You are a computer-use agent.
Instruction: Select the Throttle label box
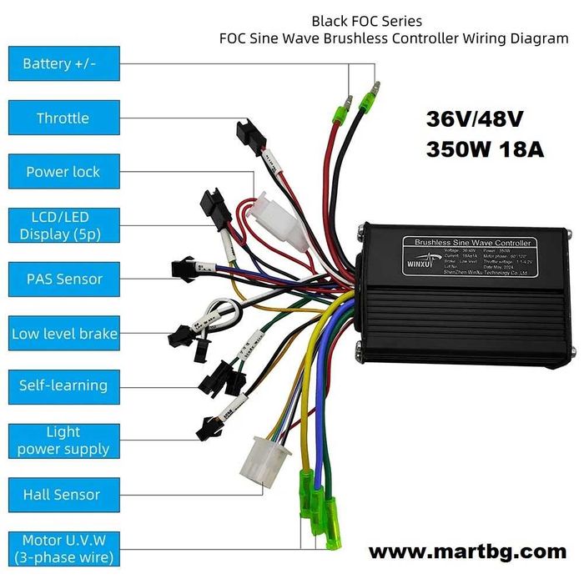pyautogui.click(x=63, y=118)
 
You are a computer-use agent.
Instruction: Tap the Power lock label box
pyautogui.click(x=63, y=172)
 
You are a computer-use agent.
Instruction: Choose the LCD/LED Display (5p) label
pyautogui.click(x=63, y=225)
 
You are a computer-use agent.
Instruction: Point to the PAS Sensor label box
pyautogui.click(x=63, y=279)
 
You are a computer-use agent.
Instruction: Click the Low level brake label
pyautogui.click(x=63, y=334)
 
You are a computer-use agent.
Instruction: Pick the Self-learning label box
pyautogui.click(x=63, y=385)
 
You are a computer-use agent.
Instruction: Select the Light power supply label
pyautogui.click(x=63, y=441)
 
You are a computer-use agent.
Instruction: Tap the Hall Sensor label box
pyautogui.click(x=63, y=495)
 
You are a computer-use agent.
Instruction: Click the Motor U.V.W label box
pyautogui.click(x=63, y=549)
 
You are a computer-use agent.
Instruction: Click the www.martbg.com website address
pyautogui.click(x=467, y=551)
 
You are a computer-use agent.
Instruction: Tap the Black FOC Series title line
pyautogui.click(x=367, y=20)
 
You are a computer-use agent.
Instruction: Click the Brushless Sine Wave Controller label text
pyautogui.click(x=466, y=243)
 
